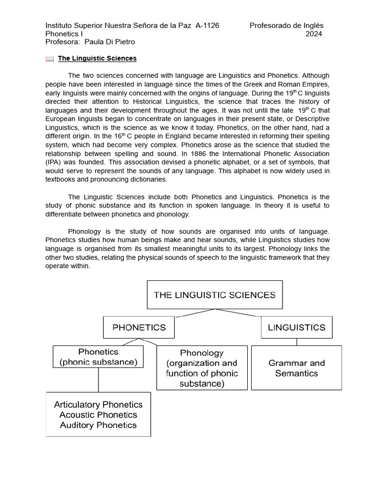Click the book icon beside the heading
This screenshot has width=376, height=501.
click(49, 59)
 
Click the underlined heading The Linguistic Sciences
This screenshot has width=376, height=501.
click(97, 59)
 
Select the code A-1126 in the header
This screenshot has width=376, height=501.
click(207, 25)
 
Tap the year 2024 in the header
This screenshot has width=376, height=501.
click(314, 34)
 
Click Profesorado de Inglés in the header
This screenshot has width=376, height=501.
click(286, 25)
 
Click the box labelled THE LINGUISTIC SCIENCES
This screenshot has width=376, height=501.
click(214, 295)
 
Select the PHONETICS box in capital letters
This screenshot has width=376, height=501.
click(139, 328)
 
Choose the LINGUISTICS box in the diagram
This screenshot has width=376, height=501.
click(296, 328)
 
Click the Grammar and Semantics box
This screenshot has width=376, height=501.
click(296, 368)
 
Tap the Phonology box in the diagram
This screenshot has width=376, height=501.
click(202, 368)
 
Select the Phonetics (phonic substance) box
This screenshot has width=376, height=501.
click(98, 357)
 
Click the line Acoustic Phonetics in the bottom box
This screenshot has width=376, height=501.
click(98, 415)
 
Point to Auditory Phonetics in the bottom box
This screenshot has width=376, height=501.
click(98, 425)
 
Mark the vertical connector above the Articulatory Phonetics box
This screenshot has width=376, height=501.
click(98, 380)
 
